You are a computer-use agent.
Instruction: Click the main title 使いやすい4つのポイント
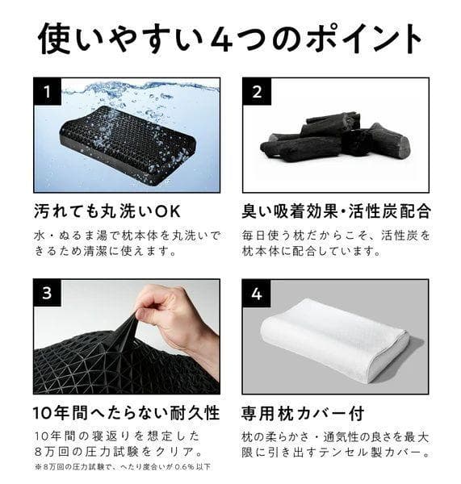pos(230,38)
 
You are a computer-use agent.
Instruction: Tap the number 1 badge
pos(48,91)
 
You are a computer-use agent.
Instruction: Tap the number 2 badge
pos(256,91)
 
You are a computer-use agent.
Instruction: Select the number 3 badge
pos(48,293)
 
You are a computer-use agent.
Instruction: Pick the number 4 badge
pos(256,293)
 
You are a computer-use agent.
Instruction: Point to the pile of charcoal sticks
pos(335,137)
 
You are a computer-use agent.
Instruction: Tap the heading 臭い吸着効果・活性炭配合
pos(336,211)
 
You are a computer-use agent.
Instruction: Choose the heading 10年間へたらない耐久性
pos(126,414)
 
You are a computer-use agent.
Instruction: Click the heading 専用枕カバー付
pos(303,414)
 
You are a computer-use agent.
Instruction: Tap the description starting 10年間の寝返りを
pos(117,444)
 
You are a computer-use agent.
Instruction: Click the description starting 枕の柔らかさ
pos(336,444)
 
